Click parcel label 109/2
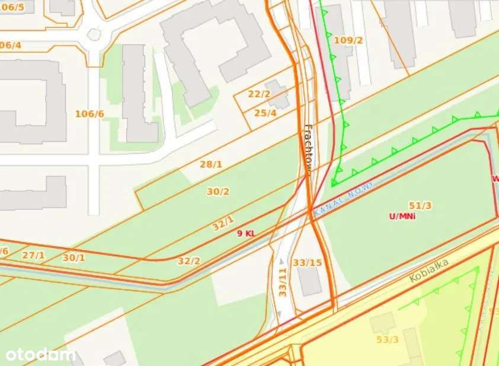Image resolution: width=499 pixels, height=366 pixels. (x=348, y=40)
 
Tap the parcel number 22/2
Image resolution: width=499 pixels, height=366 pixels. (x=259, y=94)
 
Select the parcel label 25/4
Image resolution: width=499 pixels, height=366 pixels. (x=266, y=113)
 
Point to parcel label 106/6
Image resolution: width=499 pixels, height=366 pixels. (x=89, y=114)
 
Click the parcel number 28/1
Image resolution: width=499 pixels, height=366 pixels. (x=210, y=164)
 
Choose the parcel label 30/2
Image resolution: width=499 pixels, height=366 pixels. (x=218, y=192)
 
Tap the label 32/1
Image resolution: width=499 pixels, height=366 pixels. (x=223, y=224)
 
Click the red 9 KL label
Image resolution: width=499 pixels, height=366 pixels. (x=246, y=234)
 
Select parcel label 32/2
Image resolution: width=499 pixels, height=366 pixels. (x=189, y=260)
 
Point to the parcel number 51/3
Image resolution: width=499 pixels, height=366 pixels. (x=420, y=206)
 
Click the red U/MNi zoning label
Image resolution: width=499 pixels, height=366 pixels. (x=402, y=217)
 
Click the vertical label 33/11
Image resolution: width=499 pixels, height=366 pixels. (x=283, y=282)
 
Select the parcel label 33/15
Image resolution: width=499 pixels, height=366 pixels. (x=308, y=262)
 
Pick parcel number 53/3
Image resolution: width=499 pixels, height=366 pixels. (x=388, y=339)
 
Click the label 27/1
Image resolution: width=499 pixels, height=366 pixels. (x=33, y=255)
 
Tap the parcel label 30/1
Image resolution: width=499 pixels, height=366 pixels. (x=74, y=257)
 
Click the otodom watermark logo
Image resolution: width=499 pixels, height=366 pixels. (x=40, y=355)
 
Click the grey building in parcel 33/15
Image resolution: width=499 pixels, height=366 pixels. (x=310, y=282)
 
